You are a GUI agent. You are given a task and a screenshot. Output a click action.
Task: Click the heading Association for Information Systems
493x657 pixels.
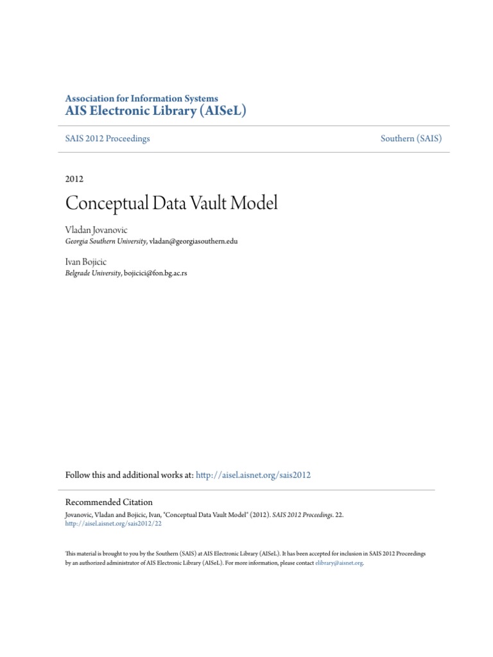142,98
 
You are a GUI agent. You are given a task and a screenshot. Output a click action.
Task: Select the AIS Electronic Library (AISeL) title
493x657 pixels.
155,111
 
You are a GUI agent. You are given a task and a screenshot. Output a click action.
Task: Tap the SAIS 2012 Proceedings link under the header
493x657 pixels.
107,139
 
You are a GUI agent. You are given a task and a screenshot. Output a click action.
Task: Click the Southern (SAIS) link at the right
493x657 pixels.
411,139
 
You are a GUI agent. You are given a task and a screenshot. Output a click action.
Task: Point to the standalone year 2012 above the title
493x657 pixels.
74,179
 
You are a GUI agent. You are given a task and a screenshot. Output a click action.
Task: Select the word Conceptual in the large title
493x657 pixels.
102,204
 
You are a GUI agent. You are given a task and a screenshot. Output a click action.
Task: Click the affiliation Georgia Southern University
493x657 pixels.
106,241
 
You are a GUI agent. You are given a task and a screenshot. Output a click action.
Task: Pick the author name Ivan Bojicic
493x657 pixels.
85,262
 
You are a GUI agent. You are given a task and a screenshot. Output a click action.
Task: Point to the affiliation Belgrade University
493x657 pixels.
92,273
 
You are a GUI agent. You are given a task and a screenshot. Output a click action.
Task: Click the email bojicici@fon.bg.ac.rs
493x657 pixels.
155,273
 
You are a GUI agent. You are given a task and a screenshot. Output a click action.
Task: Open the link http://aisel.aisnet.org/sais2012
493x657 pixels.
253,475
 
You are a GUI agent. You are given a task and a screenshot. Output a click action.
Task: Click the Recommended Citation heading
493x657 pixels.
109,502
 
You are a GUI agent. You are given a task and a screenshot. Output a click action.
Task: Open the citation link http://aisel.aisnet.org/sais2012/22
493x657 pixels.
114,523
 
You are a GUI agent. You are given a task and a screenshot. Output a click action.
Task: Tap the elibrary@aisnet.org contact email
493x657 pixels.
339,563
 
